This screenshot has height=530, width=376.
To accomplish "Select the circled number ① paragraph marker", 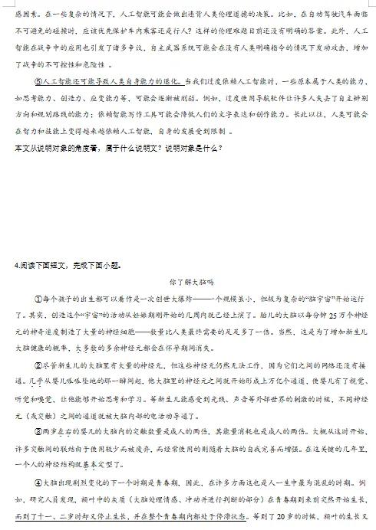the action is [x=39, y=298].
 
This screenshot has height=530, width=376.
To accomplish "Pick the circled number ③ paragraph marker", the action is [x=39, y=430].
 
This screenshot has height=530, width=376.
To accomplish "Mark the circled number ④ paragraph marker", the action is [x=39, y=481].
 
